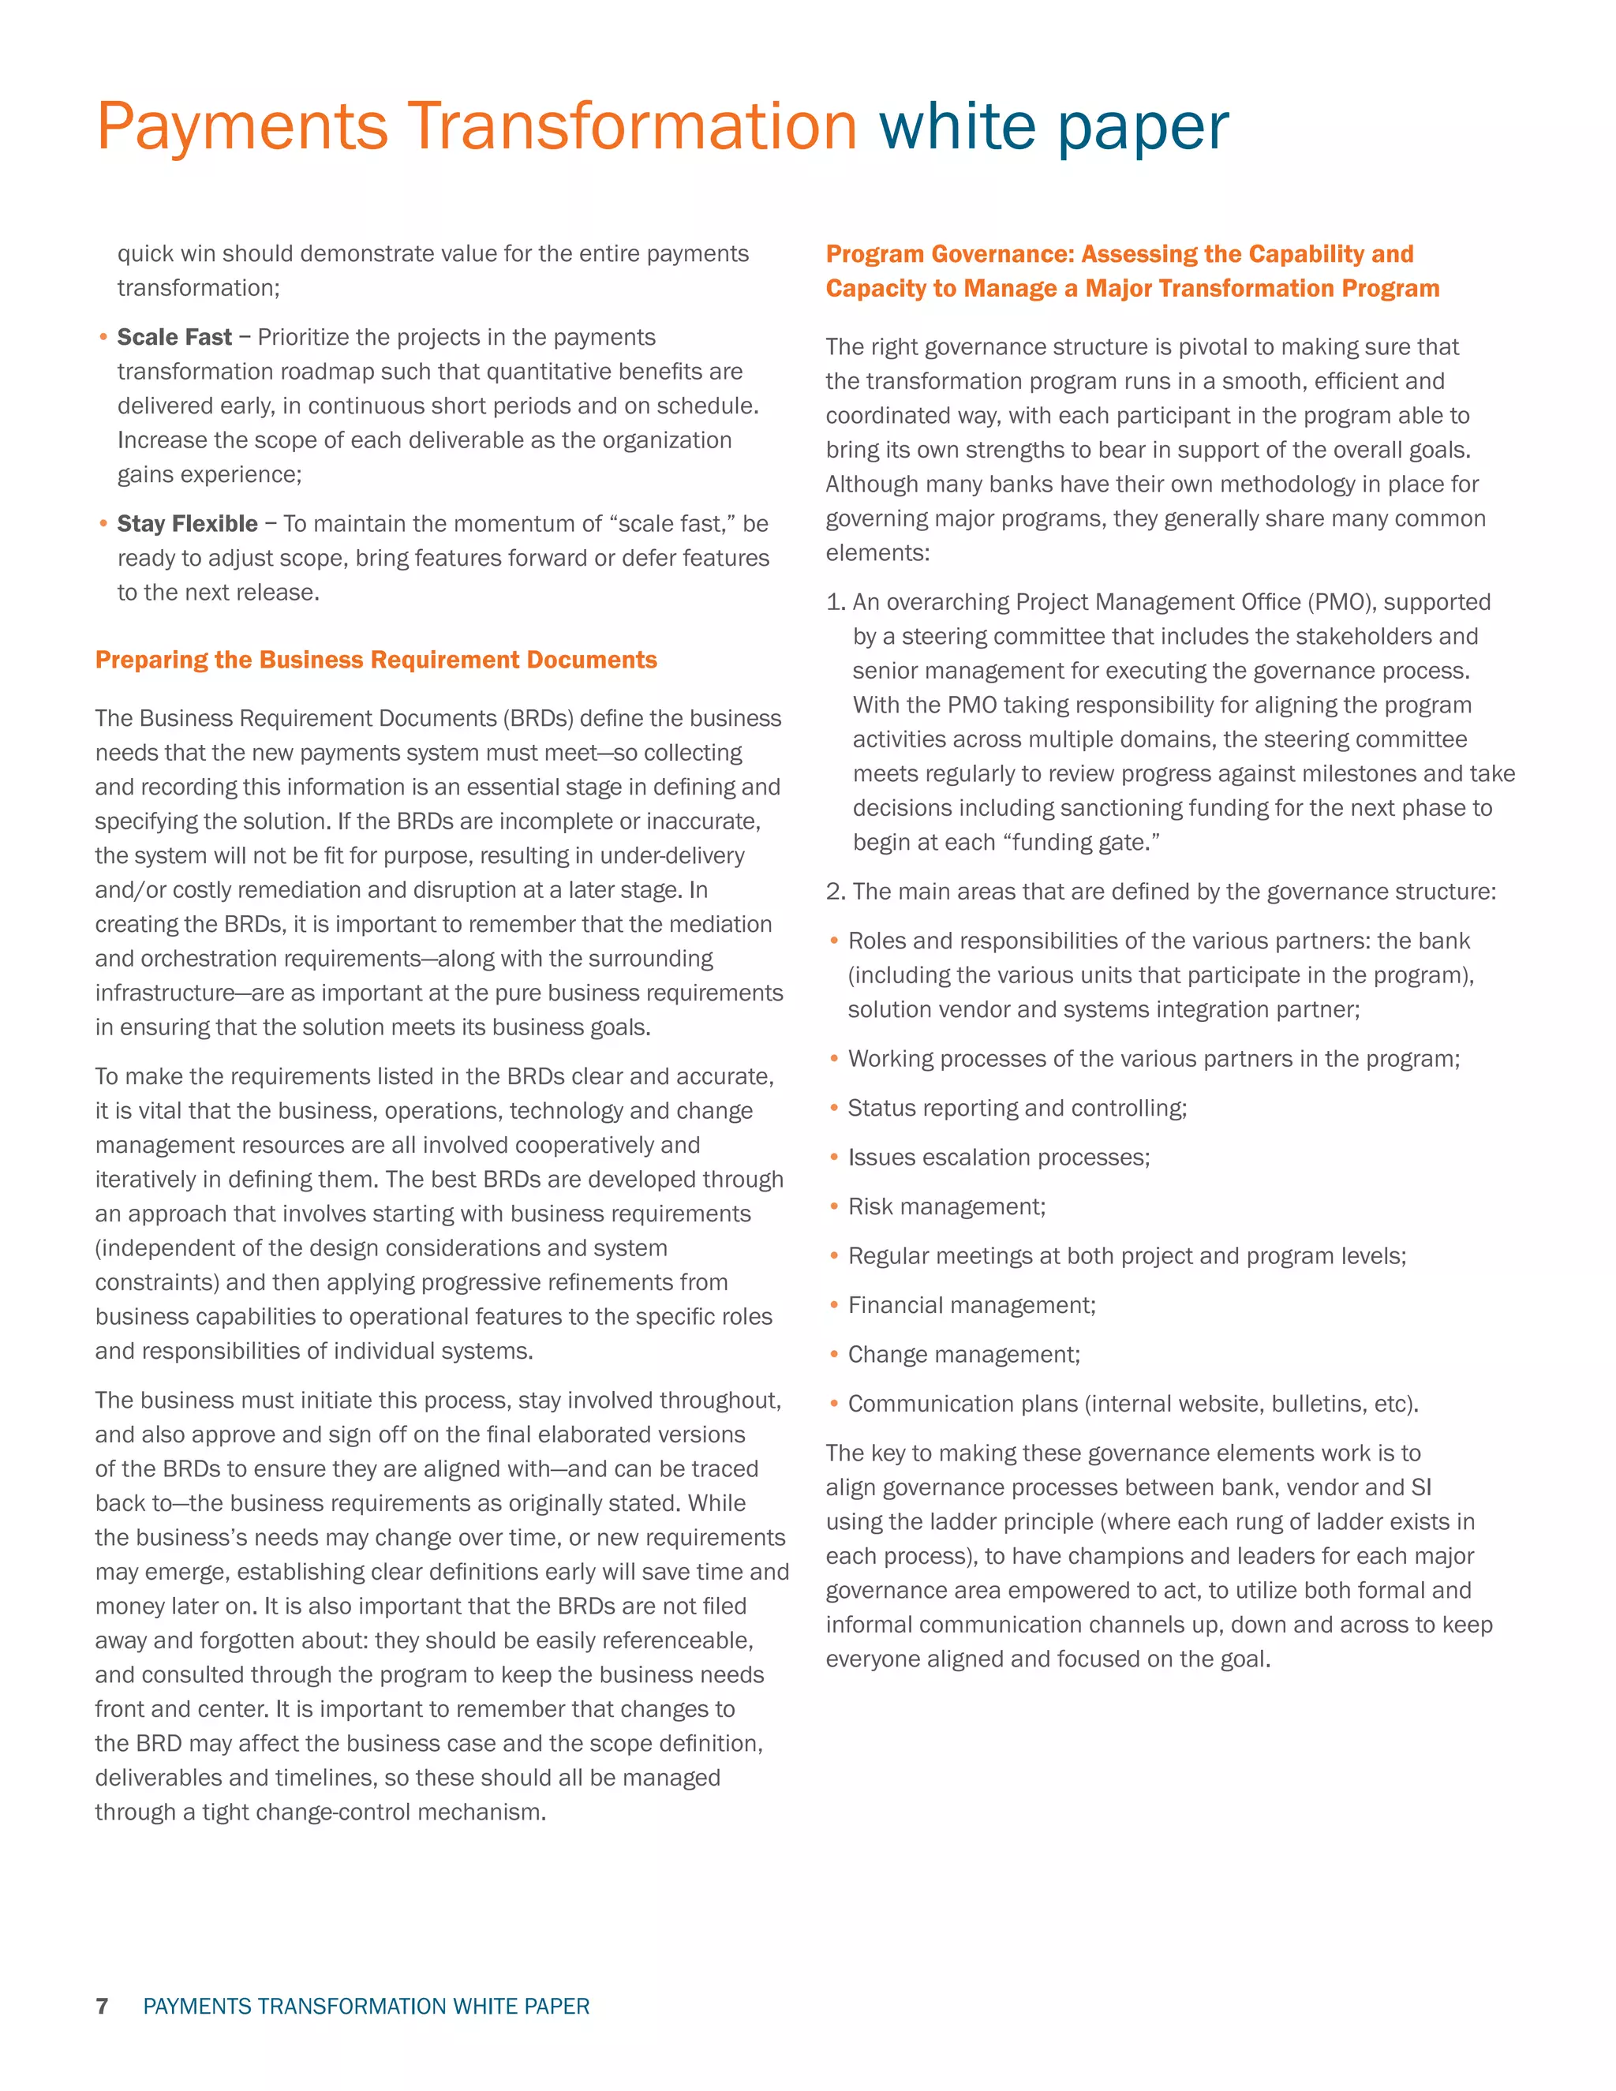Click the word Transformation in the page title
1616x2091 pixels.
[632, 126]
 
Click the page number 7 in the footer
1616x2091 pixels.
[103, 2006]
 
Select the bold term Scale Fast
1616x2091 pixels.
[174, 337]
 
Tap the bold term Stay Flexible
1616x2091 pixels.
[187, 524]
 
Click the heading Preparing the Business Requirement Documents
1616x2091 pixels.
[376, 660]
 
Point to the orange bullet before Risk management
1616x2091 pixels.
[834, 1206]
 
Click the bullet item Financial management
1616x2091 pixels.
[971, 1305]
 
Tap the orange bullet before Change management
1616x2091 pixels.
[834, 1355]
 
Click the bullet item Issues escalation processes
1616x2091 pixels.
[997, 1158]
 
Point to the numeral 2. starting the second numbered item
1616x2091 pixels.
[836, 892]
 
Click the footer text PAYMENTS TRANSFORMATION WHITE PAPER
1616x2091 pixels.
[365, 2006]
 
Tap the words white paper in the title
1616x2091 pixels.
[1053, 126]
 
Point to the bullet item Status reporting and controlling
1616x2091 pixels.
[1016, 1109]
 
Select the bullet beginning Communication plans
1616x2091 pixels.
[1132, 1405]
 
